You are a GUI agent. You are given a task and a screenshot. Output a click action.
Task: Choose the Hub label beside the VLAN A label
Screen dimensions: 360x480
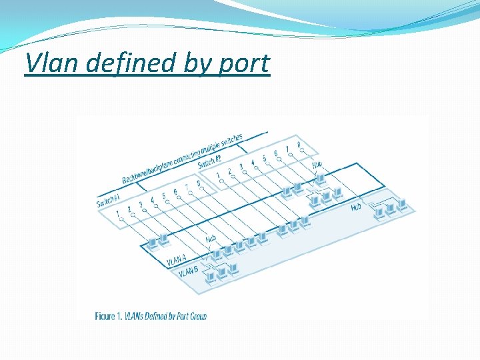(x=211, y=238)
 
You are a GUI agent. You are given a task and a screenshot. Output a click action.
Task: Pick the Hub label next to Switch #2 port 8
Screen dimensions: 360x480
(x=317, y=164)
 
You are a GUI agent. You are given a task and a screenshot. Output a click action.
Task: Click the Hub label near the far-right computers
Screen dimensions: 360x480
(x=356, y=208)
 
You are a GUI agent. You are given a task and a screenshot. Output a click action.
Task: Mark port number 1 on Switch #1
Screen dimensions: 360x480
(x=118, y=213)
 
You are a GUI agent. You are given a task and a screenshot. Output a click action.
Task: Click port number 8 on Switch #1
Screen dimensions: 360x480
(x=197, y=182)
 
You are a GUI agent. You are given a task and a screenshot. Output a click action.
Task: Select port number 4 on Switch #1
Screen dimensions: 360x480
(x=152, y=199)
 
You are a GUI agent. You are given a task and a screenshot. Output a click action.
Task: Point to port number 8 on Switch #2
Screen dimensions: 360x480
(x=298, y=144)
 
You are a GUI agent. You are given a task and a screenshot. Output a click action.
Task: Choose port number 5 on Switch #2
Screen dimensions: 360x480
(x=264, y=157)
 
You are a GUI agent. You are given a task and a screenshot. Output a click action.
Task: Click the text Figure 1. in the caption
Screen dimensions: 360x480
(x=109, y=315)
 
